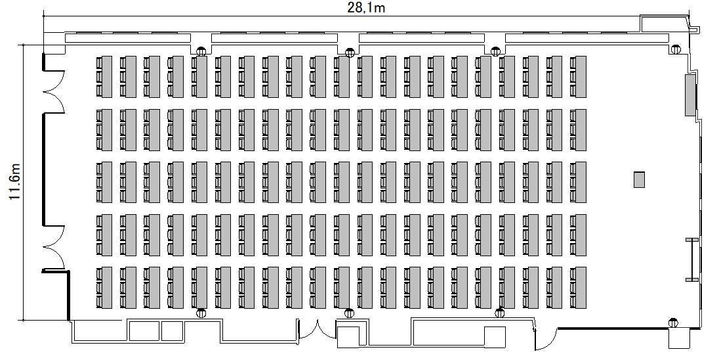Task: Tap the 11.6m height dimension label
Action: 15,181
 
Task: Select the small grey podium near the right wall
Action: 639,179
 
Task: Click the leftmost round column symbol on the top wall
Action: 201,51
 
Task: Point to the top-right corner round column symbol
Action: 675,49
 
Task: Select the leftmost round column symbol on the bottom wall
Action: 201,313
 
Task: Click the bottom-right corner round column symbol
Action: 673,323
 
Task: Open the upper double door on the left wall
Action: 54,91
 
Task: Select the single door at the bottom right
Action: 546,339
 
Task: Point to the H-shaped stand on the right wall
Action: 692,259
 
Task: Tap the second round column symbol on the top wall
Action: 350,53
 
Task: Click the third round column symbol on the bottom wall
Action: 500,313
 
